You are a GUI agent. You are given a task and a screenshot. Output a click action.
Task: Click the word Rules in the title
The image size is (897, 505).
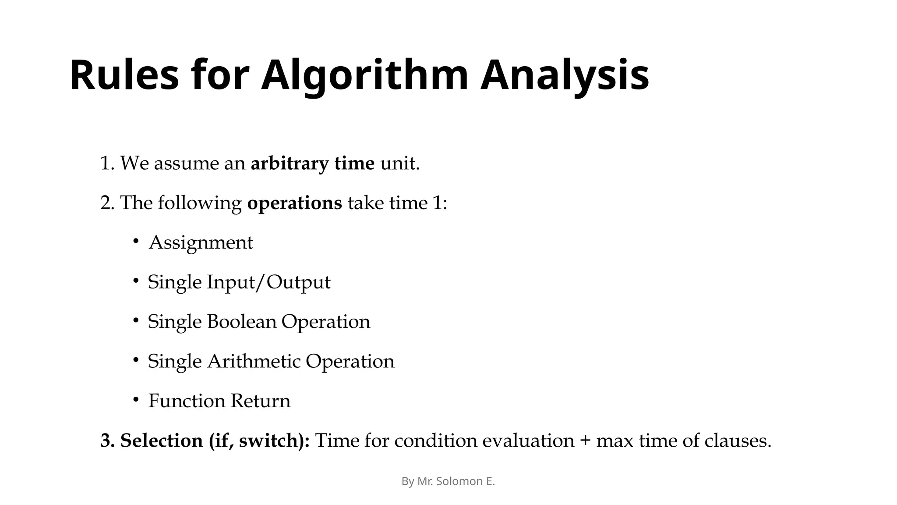pyautogui.click(x=124, y=75)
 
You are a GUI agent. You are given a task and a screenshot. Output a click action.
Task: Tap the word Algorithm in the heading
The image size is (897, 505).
pyautogui.click(x=364, y=75)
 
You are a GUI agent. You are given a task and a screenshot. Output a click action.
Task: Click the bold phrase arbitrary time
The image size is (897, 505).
pyautogui.click(x=312, y=164)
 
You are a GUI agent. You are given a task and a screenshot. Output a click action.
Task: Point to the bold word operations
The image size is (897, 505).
pyautogui.click(x=294, y=203)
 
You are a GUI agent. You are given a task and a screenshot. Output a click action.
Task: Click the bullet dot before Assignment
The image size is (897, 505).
pyautogui.click(x=136, y=241)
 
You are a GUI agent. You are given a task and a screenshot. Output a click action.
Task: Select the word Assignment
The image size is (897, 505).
pyautogui.click(x=201, y=243)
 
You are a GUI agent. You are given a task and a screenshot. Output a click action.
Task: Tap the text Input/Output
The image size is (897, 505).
pyautogui.click(x=268, y=282)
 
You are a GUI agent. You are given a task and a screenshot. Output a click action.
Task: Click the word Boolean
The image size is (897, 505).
pyautogui.click(x=242, y=321)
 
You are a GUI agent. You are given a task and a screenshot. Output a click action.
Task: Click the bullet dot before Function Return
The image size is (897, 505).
pyautogui.click(x=136, y=399)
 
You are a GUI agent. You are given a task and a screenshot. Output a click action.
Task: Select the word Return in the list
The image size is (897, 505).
pyautogui.click(x=261, y=401)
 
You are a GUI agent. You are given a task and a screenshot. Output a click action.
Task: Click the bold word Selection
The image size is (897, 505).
pyautogui.click(x=162, y=441)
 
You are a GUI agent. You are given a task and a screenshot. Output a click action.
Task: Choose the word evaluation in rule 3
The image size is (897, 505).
pyautogui.click(x=528, y=441)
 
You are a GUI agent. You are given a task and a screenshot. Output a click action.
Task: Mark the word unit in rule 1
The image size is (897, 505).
pyautogui.click(x=399, y=164)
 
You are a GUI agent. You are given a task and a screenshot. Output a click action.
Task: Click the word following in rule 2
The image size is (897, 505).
pyautogui.click(x=199, y=203)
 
